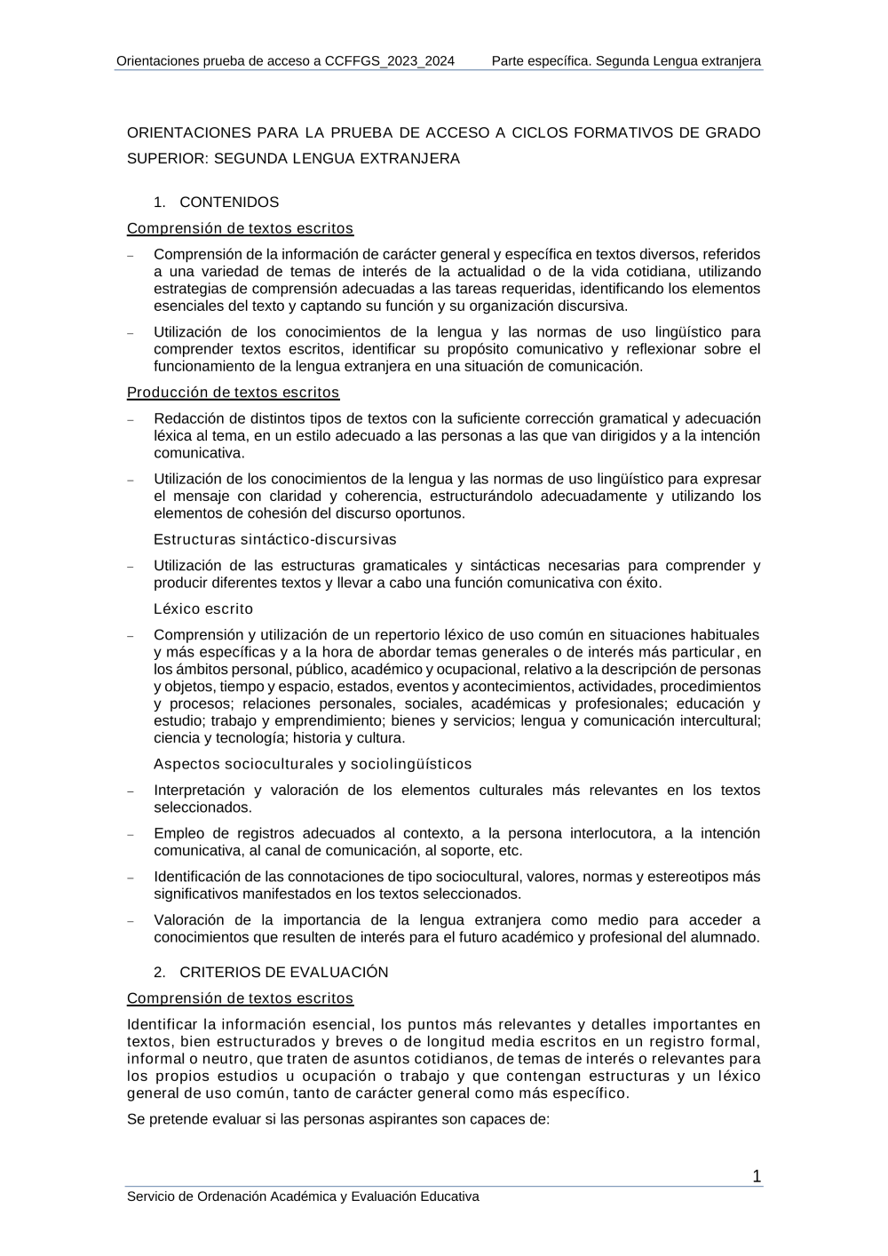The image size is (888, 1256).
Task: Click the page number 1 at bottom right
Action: (x=757, y=1177)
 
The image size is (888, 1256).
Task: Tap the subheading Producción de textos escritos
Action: (x=233, y=392)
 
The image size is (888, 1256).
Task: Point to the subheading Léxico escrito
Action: (x=203, y=608)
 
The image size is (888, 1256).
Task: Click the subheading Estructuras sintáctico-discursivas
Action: (x=275, y=539)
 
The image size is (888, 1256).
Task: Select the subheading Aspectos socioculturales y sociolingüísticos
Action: (x=313, y=764)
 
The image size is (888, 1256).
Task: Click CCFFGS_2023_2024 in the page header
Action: (x=390, y=60)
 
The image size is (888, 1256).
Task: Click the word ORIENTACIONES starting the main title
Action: (x=189, y=132)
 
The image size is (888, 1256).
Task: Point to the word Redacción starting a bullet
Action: (x=186, y=418)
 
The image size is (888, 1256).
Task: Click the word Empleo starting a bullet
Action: (x=178, y=833)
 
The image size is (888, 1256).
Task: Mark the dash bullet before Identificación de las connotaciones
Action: (x=131, y=878)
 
